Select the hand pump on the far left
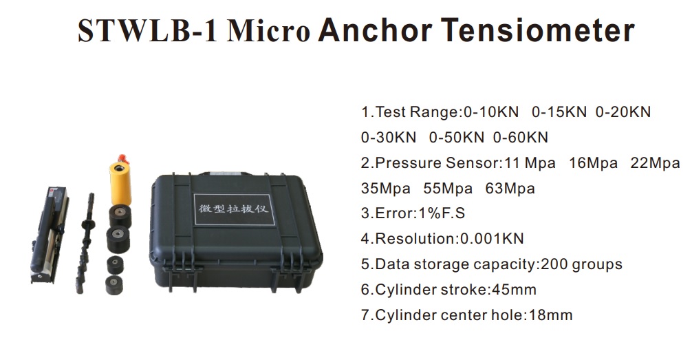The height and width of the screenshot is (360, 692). pyautogui.click(x=49, y=234)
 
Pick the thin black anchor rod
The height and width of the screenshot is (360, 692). pyautogui.click(x=88, y=241)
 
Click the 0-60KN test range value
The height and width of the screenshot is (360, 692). pyautogui.click(x=521, y=138)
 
